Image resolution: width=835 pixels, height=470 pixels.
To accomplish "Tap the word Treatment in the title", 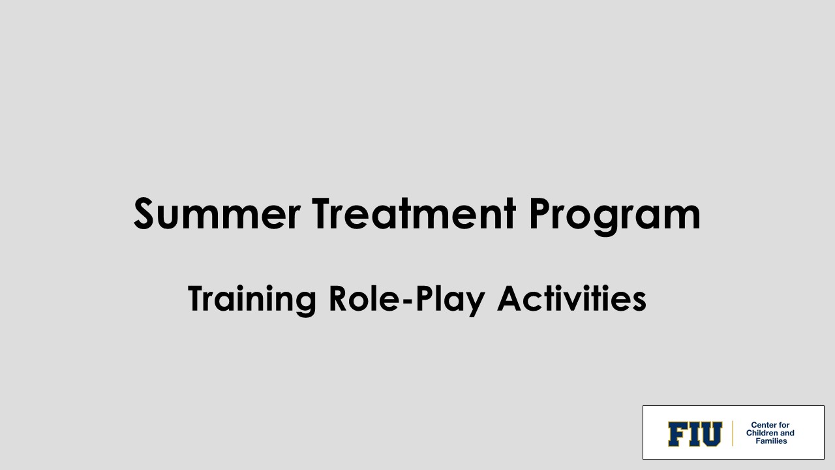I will pyautogui.click(x=414, y=214).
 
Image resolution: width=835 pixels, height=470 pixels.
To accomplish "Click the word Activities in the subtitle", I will pyautogui.click(x=571, y=299).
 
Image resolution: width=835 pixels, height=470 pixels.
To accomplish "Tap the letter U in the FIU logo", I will pyautogui.click(x=710, y=434).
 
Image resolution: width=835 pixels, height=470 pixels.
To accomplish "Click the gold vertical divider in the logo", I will pyautogui.click(x=733, y=433).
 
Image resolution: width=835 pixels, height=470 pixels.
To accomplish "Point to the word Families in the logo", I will pyautogui.click(x=771, y=441).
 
